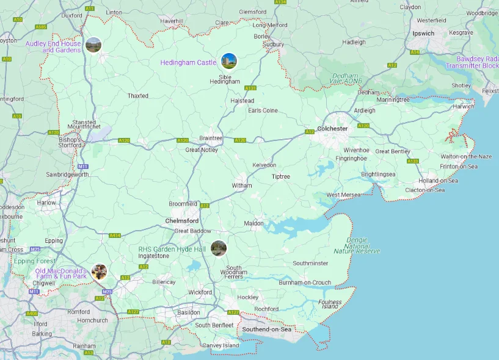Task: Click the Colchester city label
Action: click(x=332, y=129)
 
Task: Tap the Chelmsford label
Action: click(x=182, y=221)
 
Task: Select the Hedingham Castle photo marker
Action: click(x=229, y=61)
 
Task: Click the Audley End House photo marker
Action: click(x=93, y=45)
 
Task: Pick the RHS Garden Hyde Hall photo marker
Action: click(x=219, y=248)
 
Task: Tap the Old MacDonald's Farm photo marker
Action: click(x=99, y=272)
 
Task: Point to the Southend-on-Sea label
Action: click(x=267, y=329)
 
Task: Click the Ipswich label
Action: click(x=423, y=34)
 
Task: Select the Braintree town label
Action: click(x=211, y=139)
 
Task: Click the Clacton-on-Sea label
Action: click(x=425, y=190)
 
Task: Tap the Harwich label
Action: click(x=463, y=107)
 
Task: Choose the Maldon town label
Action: click(x=254, y=223)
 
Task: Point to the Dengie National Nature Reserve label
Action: click(x=357, y=246)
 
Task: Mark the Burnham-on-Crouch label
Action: click(x=305, y=283)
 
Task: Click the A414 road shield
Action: click(x=114, y=235)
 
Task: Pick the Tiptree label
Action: click(x=281, y=176)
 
